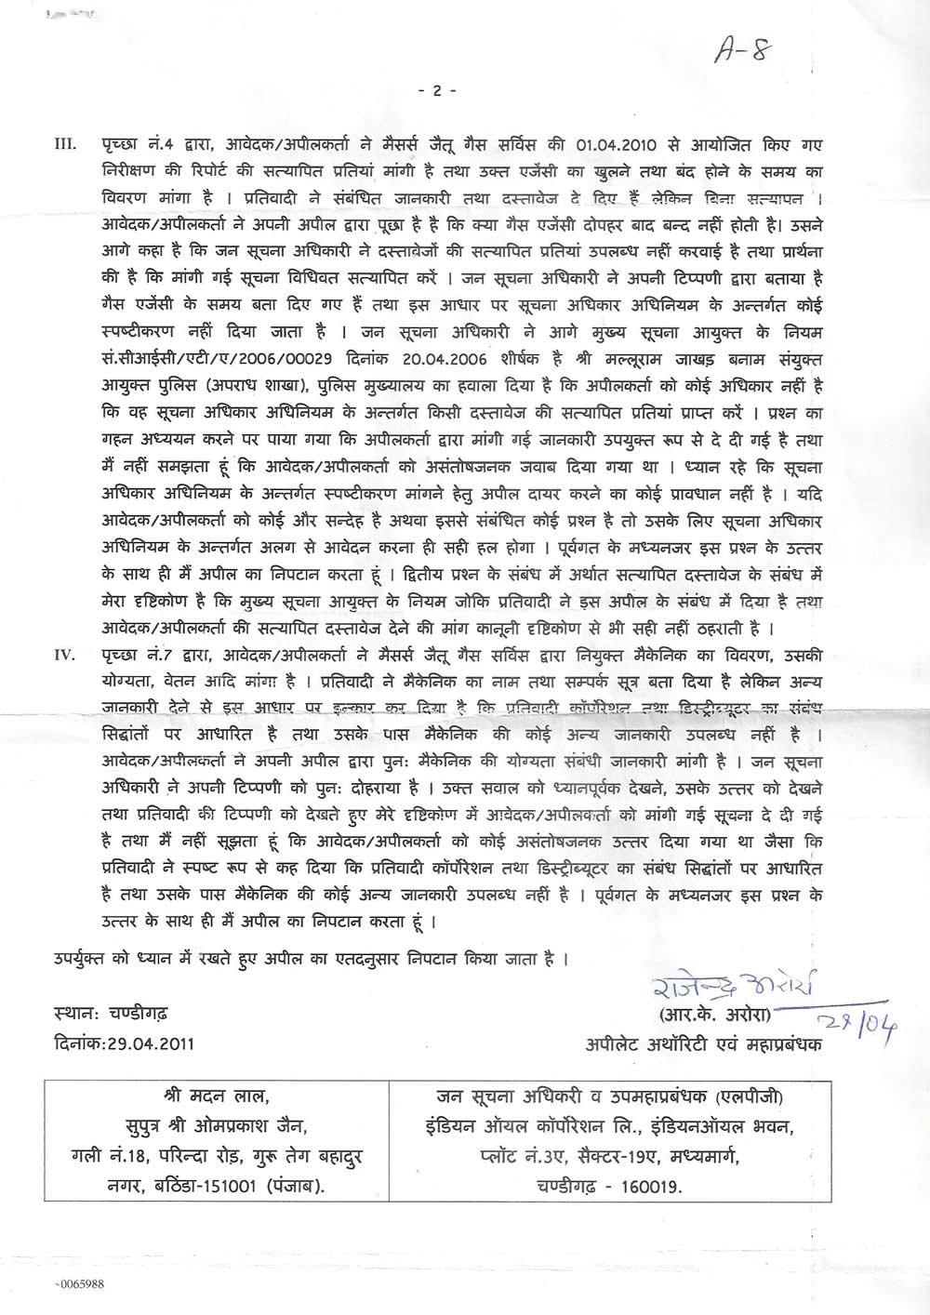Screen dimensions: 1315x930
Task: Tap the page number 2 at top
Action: [437, 90]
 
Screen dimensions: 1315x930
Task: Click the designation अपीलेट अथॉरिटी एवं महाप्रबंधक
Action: [703, 1043]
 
